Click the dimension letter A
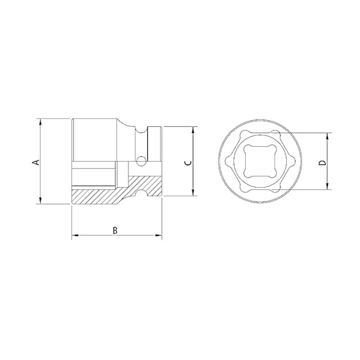[x=34, y=162]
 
